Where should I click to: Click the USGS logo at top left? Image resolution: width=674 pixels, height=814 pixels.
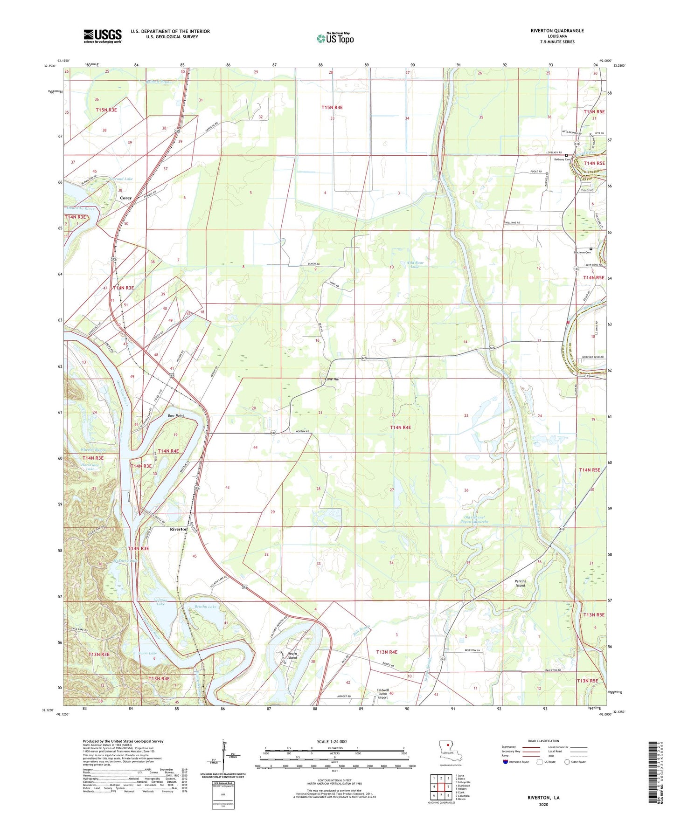[x=103, y=36]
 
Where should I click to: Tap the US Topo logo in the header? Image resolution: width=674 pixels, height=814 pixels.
[x=335, y=38]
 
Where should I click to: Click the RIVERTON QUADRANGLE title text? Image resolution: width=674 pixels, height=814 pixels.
[x=557, y=31]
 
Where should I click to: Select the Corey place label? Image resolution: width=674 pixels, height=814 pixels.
[x=125, y=198]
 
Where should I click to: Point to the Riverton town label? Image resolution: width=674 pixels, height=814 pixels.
[x=179, y=529]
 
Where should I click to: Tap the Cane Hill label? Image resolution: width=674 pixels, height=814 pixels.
[x=332, y=379]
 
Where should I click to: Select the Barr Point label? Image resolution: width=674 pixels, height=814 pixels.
[x=176, y=415]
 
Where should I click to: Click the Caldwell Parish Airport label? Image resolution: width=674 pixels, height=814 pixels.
[x=382, y=694]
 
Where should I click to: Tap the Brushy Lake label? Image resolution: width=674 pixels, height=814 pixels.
[x=206, y=607]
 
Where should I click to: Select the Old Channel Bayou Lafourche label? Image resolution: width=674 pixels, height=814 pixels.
[x=475, y=519]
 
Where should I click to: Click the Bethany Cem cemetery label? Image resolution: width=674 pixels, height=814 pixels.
[x=562, y=159]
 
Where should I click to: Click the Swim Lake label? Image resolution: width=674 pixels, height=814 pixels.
[x=147, y=654]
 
